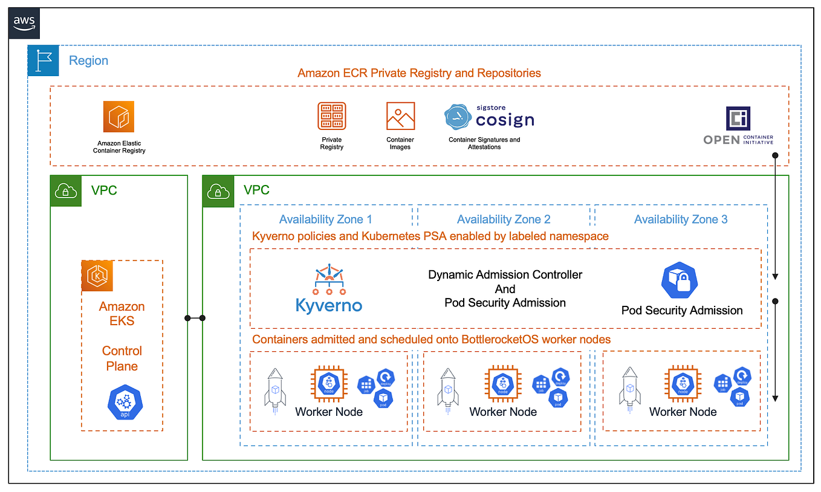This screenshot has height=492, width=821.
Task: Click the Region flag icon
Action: [x=44, y=60]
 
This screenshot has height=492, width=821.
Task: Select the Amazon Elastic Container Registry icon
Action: [x=118, y=116]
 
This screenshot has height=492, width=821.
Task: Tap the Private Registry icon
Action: [x=331, y=116]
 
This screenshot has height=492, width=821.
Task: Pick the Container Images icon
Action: [x=400, y=116]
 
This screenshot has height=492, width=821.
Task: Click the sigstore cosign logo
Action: [x=489, y=118]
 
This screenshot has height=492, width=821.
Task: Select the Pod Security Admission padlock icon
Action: [x=681, y=280]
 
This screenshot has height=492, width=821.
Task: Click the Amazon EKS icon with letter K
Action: [x=98, y=276]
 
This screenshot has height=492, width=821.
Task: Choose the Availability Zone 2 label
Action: [x=504, y=219]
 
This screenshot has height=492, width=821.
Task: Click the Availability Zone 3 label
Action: [x=681, y=219]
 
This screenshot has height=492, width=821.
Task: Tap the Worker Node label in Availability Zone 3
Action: [x=683, y=412]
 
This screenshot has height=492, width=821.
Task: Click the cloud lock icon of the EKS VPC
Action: [x=65, y=191]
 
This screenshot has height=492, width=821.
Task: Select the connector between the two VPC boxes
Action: [x=195, y=318]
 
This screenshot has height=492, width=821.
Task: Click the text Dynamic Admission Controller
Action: [x=505, y=274]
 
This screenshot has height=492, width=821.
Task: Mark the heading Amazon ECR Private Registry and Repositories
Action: [x=419, y=73]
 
